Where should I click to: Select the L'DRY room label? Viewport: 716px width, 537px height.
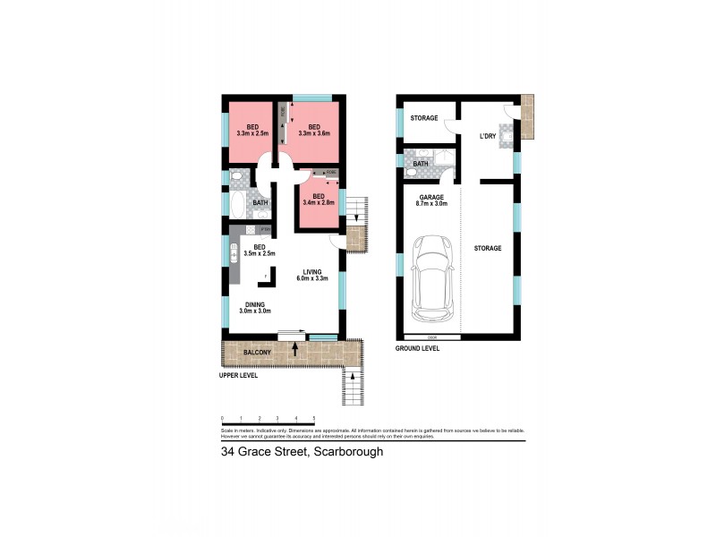(488, 137)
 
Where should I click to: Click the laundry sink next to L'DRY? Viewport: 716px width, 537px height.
(506, 134)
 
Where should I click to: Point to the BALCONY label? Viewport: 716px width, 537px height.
(258, 354)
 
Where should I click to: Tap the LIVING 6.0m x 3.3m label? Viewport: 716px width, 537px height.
(311, 275)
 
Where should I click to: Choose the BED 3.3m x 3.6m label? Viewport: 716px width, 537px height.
(314, 130)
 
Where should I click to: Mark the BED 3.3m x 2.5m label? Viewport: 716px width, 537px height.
(253, 130)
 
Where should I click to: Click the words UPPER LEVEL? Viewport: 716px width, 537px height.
(238, 376)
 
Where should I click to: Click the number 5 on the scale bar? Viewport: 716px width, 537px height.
(313, 418)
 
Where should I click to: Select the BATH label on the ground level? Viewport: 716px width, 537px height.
(420, 164)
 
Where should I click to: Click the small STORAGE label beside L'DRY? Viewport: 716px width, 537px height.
(423, 118)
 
